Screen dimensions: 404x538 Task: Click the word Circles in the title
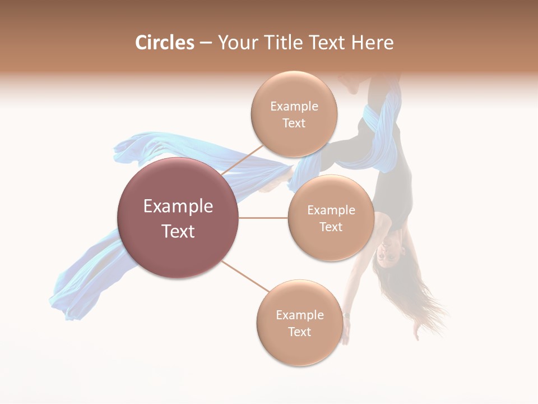[165, 43]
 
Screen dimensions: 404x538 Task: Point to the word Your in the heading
[235, 43]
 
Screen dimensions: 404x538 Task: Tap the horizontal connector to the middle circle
[263, 218]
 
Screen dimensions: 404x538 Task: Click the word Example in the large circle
[178, 206]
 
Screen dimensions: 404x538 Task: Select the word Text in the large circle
[178, 231]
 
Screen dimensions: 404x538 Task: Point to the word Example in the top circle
[294, 107]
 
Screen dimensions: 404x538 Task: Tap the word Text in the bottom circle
[299, 332]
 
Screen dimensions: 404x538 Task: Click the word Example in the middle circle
[331, 210]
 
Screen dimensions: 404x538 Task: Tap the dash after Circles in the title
[205, 43]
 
